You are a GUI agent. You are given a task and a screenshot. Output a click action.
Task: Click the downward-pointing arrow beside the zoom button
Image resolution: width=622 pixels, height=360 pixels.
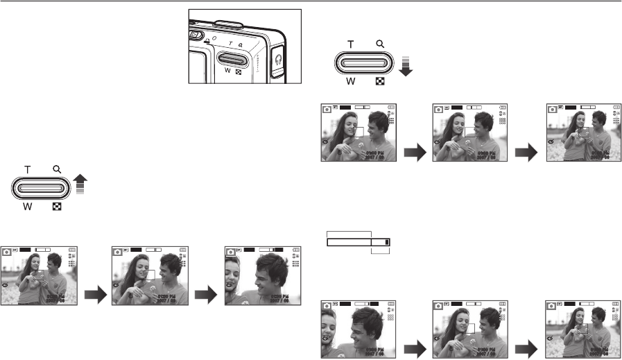406,67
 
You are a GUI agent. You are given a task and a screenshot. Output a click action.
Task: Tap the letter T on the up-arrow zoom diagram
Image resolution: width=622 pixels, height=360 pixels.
28,168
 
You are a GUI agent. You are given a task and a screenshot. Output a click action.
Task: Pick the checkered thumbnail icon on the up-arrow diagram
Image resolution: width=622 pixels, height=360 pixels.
56,206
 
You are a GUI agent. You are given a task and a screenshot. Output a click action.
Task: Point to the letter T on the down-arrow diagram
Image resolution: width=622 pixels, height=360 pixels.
350,43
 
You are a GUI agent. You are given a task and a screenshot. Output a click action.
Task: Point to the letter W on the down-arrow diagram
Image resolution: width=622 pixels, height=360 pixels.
351,80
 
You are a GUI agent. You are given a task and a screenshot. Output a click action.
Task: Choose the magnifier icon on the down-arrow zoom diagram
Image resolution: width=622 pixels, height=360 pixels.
380,43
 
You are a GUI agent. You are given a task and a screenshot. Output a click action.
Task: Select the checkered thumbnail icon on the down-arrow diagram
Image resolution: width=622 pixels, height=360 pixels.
380,81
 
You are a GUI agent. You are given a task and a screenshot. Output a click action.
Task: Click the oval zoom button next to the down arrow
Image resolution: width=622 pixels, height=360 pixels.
365,62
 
